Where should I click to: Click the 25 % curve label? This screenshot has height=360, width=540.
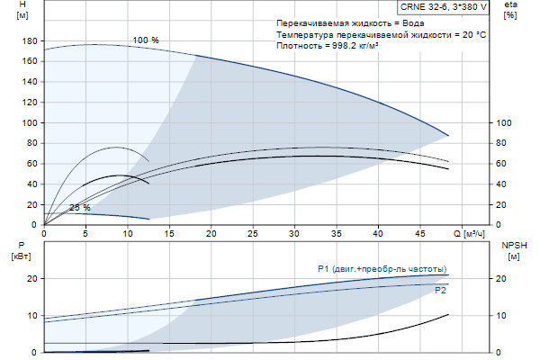coord(80,208)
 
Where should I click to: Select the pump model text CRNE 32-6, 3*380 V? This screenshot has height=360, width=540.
coord(444,7)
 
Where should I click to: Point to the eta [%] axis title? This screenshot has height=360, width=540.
coord(509,10)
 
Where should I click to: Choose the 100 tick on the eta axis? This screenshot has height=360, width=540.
coord(504,122)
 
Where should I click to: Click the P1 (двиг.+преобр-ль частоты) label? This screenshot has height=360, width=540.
coord(382,268)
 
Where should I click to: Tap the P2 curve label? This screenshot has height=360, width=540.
coord(440,291)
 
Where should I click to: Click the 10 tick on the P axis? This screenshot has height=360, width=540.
coord(31,316)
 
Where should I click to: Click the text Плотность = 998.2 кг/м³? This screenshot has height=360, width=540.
coord(327,45)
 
